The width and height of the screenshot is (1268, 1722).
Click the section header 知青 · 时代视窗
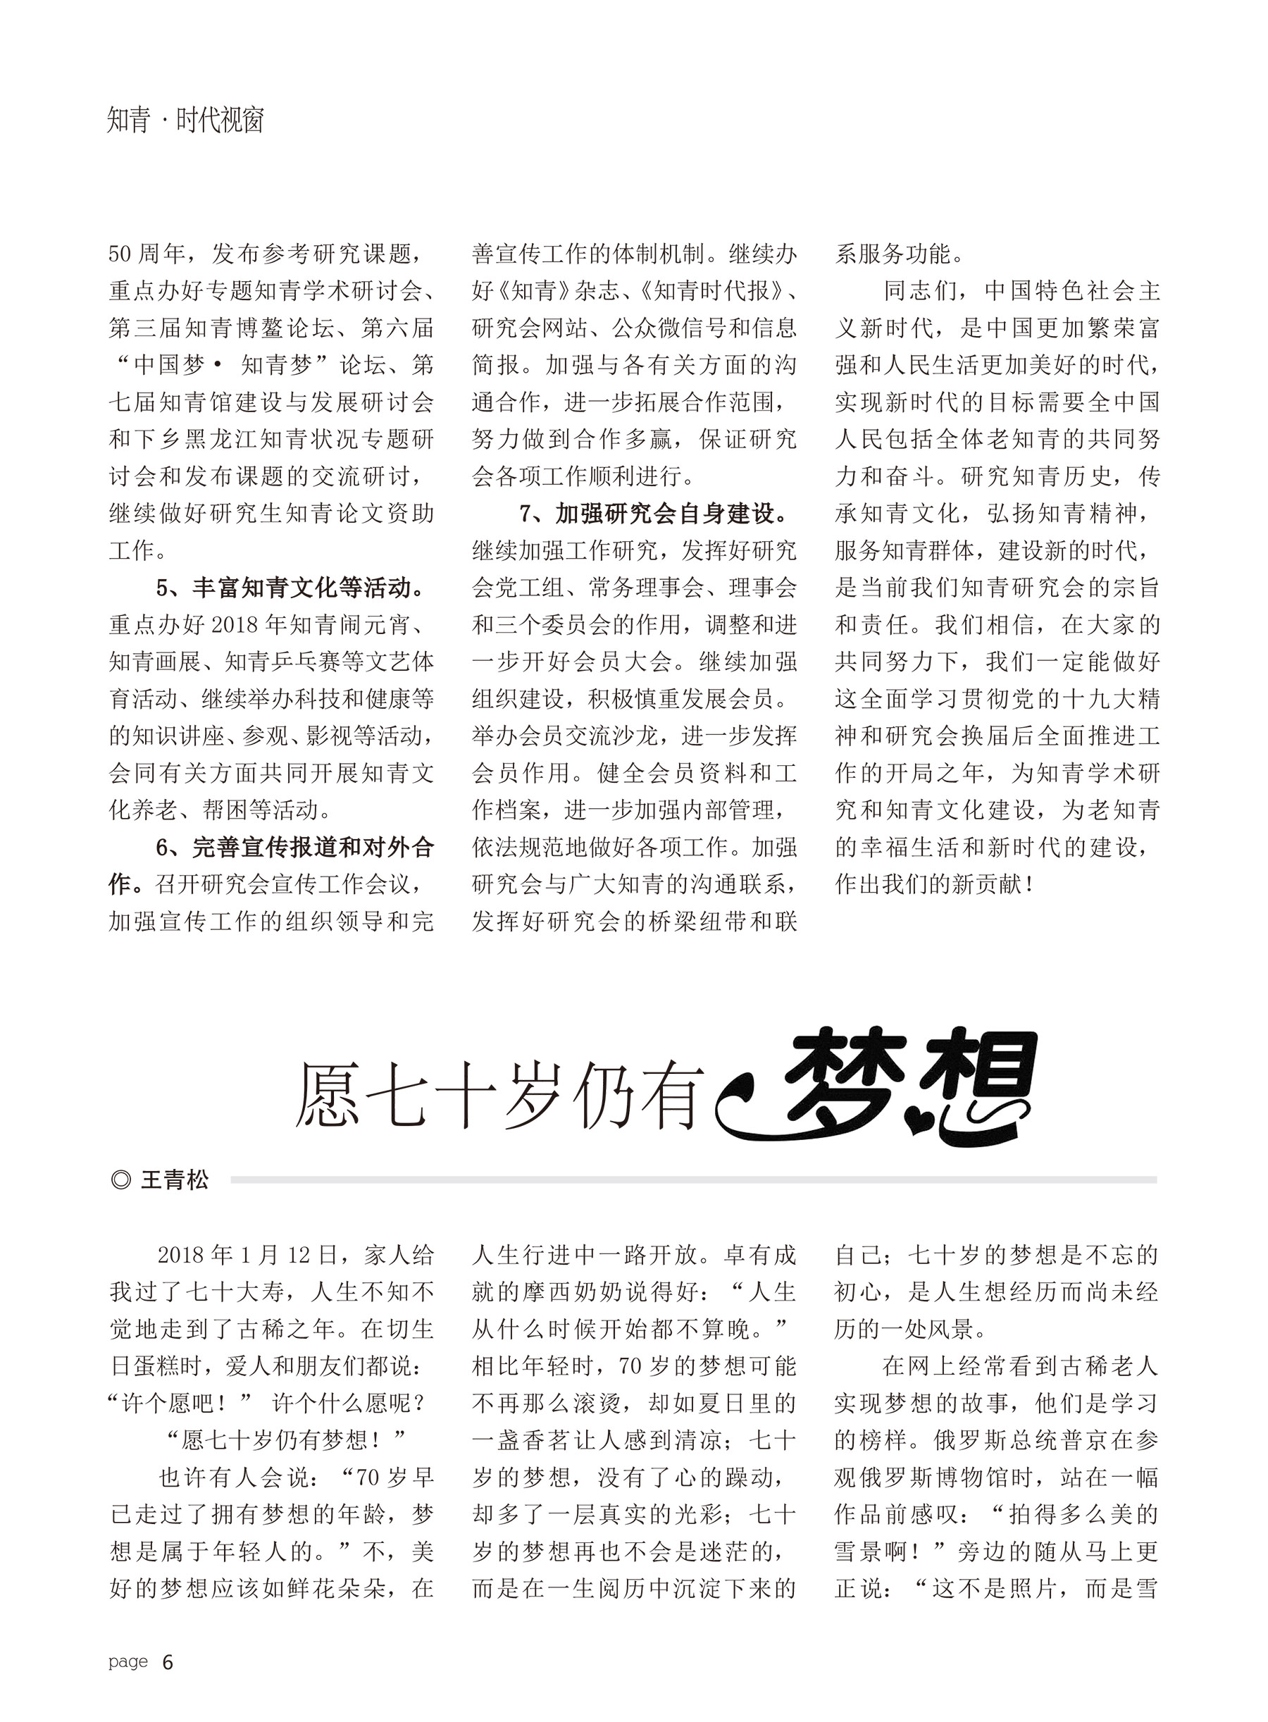point(186,120)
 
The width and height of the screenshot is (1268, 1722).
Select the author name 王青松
point(175,1180)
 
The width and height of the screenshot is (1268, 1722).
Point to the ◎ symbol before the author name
point(121,1180)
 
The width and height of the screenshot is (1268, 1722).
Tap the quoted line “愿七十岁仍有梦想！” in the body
point(285,1441)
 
